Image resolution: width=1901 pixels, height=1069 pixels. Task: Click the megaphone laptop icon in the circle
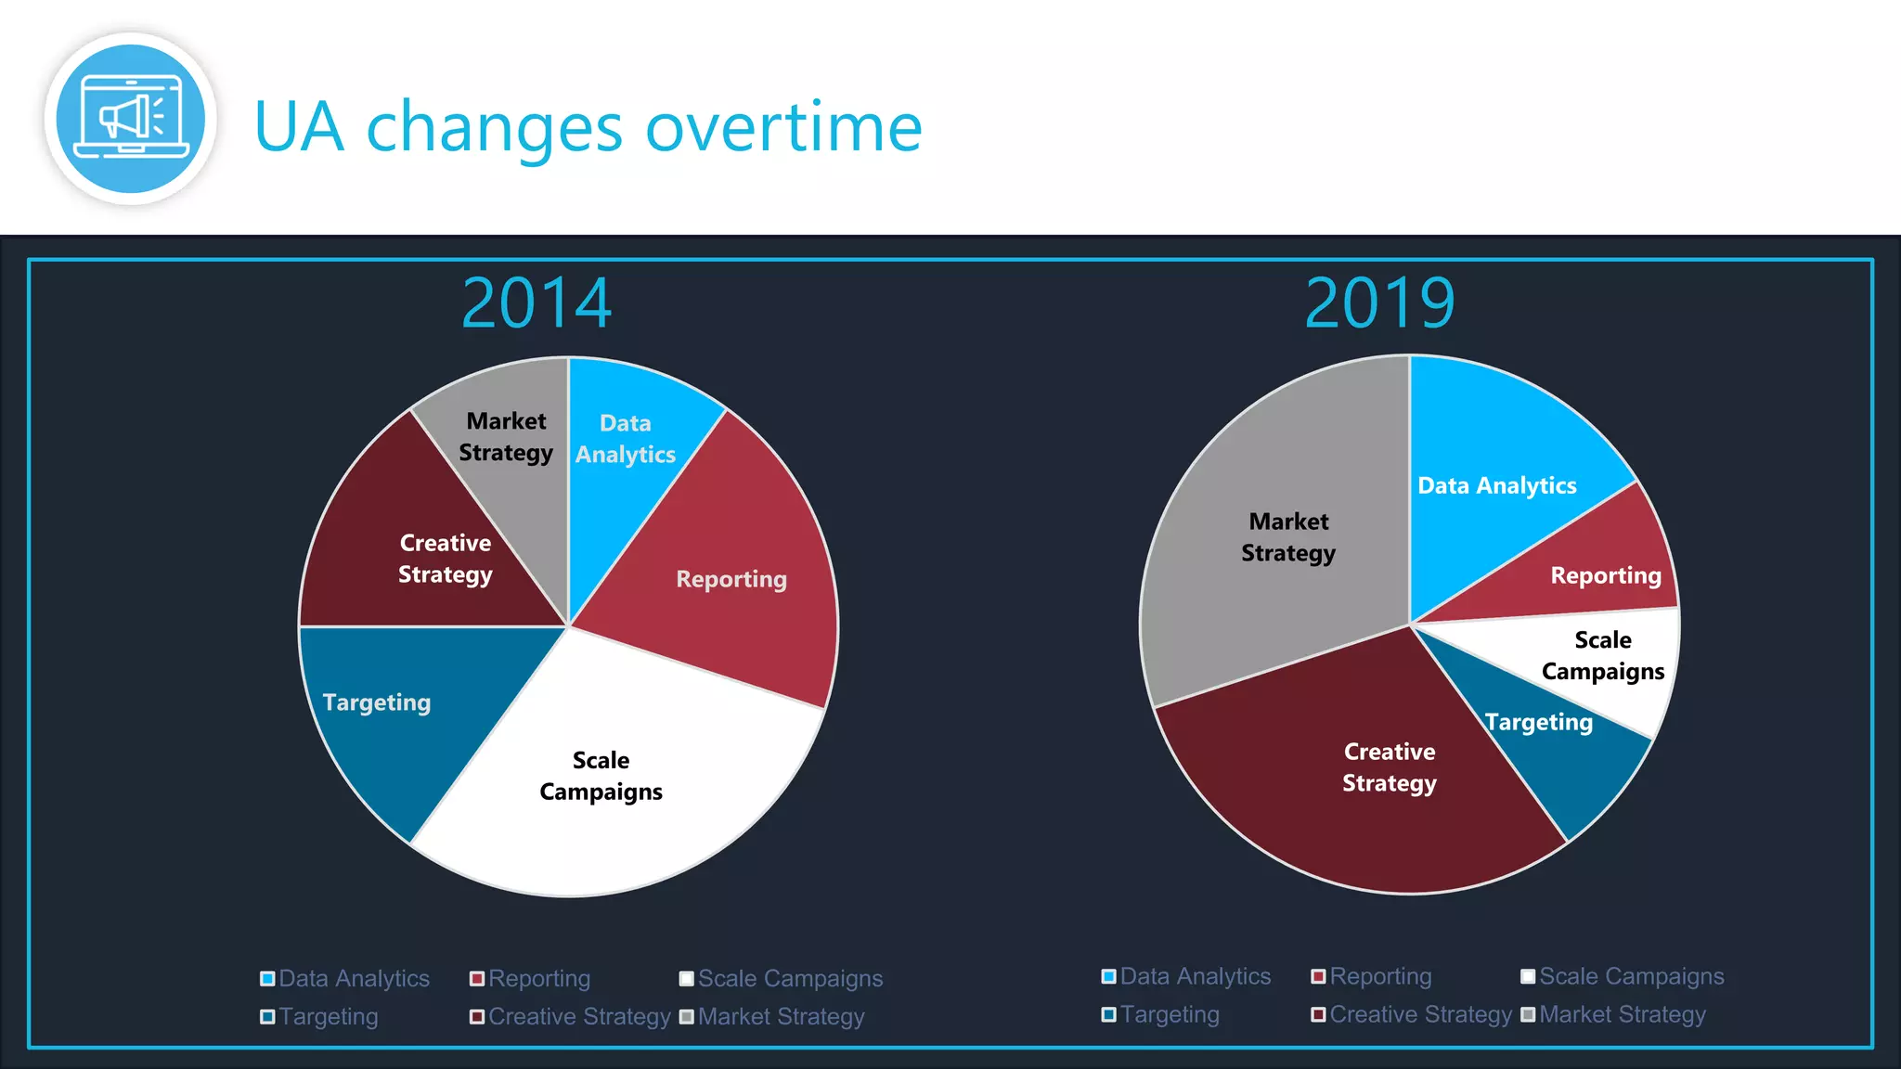(x=131, y=119)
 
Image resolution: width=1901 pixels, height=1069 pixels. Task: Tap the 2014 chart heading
(x=537, y=303)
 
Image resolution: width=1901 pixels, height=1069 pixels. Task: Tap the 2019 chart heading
(x=1379, y=303)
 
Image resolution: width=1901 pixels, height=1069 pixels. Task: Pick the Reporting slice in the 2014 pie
(x=731, y=578)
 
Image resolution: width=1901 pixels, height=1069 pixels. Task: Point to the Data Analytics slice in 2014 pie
(x=625, y=438)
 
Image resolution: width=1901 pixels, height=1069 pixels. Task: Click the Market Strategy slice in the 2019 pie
(x=1288, y=536)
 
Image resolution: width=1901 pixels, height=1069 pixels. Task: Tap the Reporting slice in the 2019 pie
(x=1607, y=575)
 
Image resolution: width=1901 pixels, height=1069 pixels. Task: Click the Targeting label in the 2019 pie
(x=1538, y=722)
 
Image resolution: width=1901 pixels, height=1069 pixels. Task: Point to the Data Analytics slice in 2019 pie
(x=1495, y=484)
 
